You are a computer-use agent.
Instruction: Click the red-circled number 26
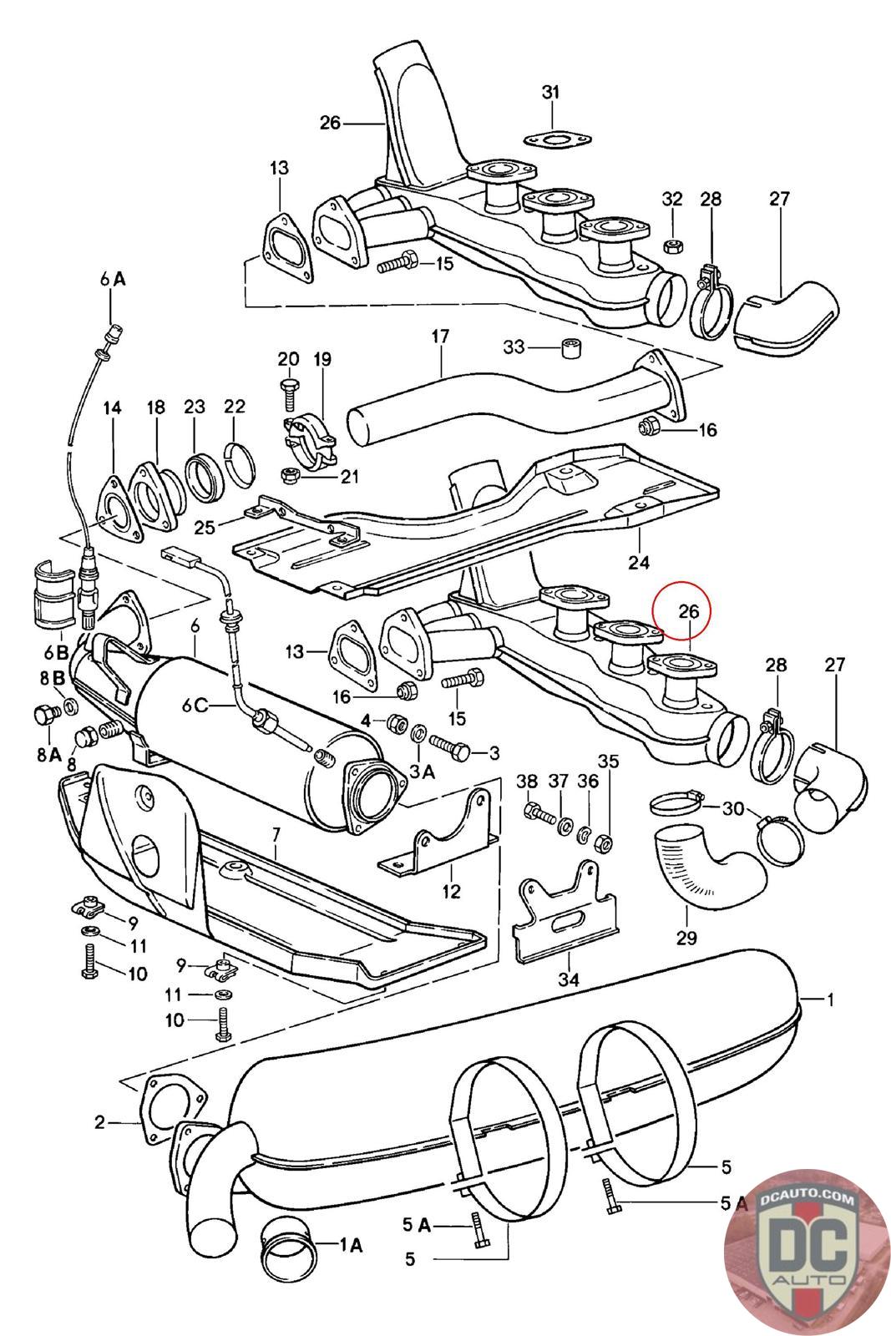pos(688,610)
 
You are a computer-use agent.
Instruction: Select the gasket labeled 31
pos(557,141)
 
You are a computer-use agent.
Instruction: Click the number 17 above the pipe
pos(439,337)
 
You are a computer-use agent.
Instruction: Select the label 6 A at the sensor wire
pos(113,279)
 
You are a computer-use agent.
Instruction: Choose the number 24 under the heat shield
pos(638,562)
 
